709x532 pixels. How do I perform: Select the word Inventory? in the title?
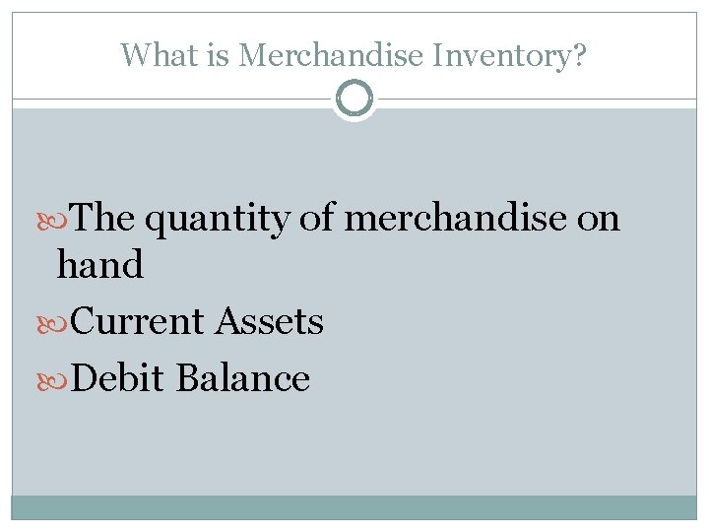(506, 55)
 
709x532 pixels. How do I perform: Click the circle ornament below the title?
(354, 100)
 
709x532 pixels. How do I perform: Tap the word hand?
(100, 264)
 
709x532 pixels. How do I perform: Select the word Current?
(138, 321)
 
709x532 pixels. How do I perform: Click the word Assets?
(269, 321)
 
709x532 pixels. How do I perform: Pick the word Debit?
(118, 378)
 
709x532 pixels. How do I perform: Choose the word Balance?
(243, 378)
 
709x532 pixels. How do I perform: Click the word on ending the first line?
(598, 219)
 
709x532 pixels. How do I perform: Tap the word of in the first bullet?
(317, 218)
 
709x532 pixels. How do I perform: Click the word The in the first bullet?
(104, 218)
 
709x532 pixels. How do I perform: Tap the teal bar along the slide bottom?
(354, 506)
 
